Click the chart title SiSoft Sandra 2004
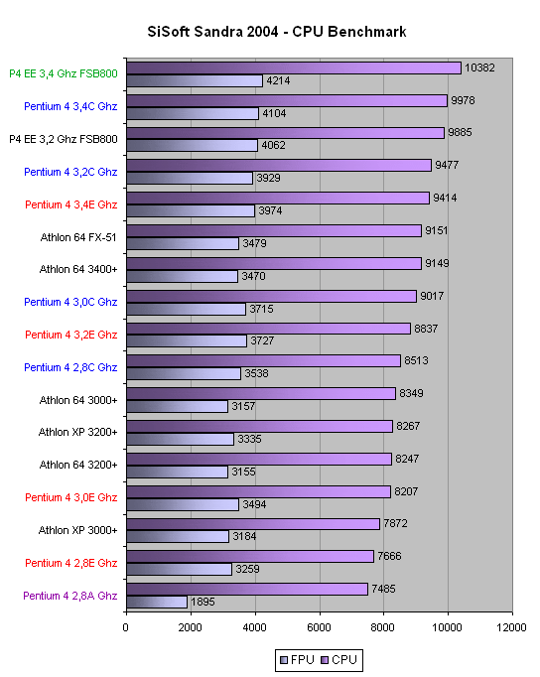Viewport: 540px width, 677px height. [212, 32]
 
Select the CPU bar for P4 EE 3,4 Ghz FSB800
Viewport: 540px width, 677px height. [294, 68]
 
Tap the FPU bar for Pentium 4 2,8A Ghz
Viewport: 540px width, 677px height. [157, 602]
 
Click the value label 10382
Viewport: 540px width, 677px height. [479, 68]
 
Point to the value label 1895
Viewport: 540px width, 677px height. [202, 602]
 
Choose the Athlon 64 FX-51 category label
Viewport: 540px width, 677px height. [78, 237]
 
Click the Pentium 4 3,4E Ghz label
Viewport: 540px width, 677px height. [71, 204]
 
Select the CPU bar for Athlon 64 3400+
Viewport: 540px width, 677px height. [274, 263]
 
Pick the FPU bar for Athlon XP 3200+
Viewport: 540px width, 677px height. [181, 439]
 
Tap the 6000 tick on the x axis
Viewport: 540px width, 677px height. [319, 627]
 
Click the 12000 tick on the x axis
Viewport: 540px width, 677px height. [511, 627]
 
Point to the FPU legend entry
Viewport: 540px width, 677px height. [297, 660]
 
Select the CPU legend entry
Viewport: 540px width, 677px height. [338, 660]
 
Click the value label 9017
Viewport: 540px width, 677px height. [432, 296]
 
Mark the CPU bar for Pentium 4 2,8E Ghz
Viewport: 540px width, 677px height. [250, 557]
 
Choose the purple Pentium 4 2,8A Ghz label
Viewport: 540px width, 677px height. [70, 596]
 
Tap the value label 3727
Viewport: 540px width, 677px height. [262, 340]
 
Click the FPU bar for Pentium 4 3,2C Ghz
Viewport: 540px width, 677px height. [190, 178]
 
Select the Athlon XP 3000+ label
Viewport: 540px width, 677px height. [78, 530]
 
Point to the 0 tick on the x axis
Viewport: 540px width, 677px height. [126, 627]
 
